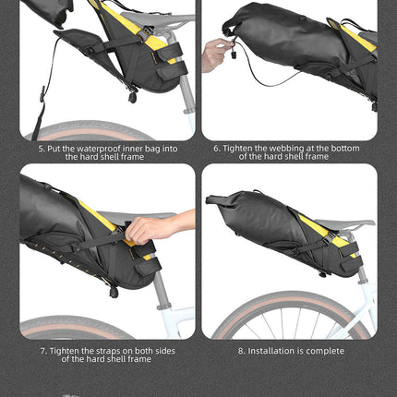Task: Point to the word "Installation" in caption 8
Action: click(x=270, y=351)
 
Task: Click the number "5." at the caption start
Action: click(x=42, y=148)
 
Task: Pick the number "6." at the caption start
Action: click(x=217, y=148)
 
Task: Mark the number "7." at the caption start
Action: click(x=43, y=351)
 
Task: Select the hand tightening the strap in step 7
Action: click(x=148, y=227)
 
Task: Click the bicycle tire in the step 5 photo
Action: click(x=92, y=127)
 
